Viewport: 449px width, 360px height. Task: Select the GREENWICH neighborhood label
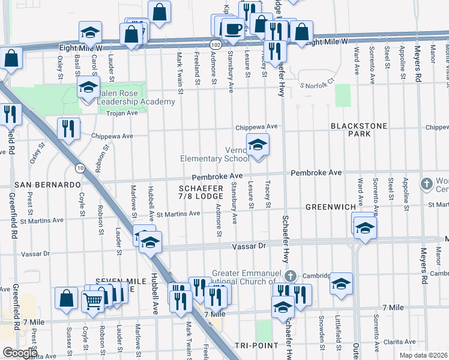pos(331,206)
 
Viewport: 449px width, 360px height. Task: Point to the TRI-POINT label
pos(256,346)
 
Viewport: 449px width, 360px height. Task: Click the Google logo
pos(20,353)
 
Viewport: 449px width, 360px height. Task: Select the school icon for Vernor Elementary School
pos(258,145)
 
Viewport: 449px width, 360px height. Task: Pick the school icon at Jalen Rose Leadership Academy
pos(89,88)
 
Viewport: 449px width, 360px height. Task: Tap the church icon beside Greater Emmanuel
pos(290,276)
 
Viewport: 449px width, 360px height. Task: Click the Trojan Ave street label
pos(122,112)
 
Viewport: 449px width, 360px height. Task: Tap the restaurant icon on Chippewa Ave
pos(68,128)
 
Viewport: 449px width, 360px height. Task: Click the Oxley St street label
pos(60,67)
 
